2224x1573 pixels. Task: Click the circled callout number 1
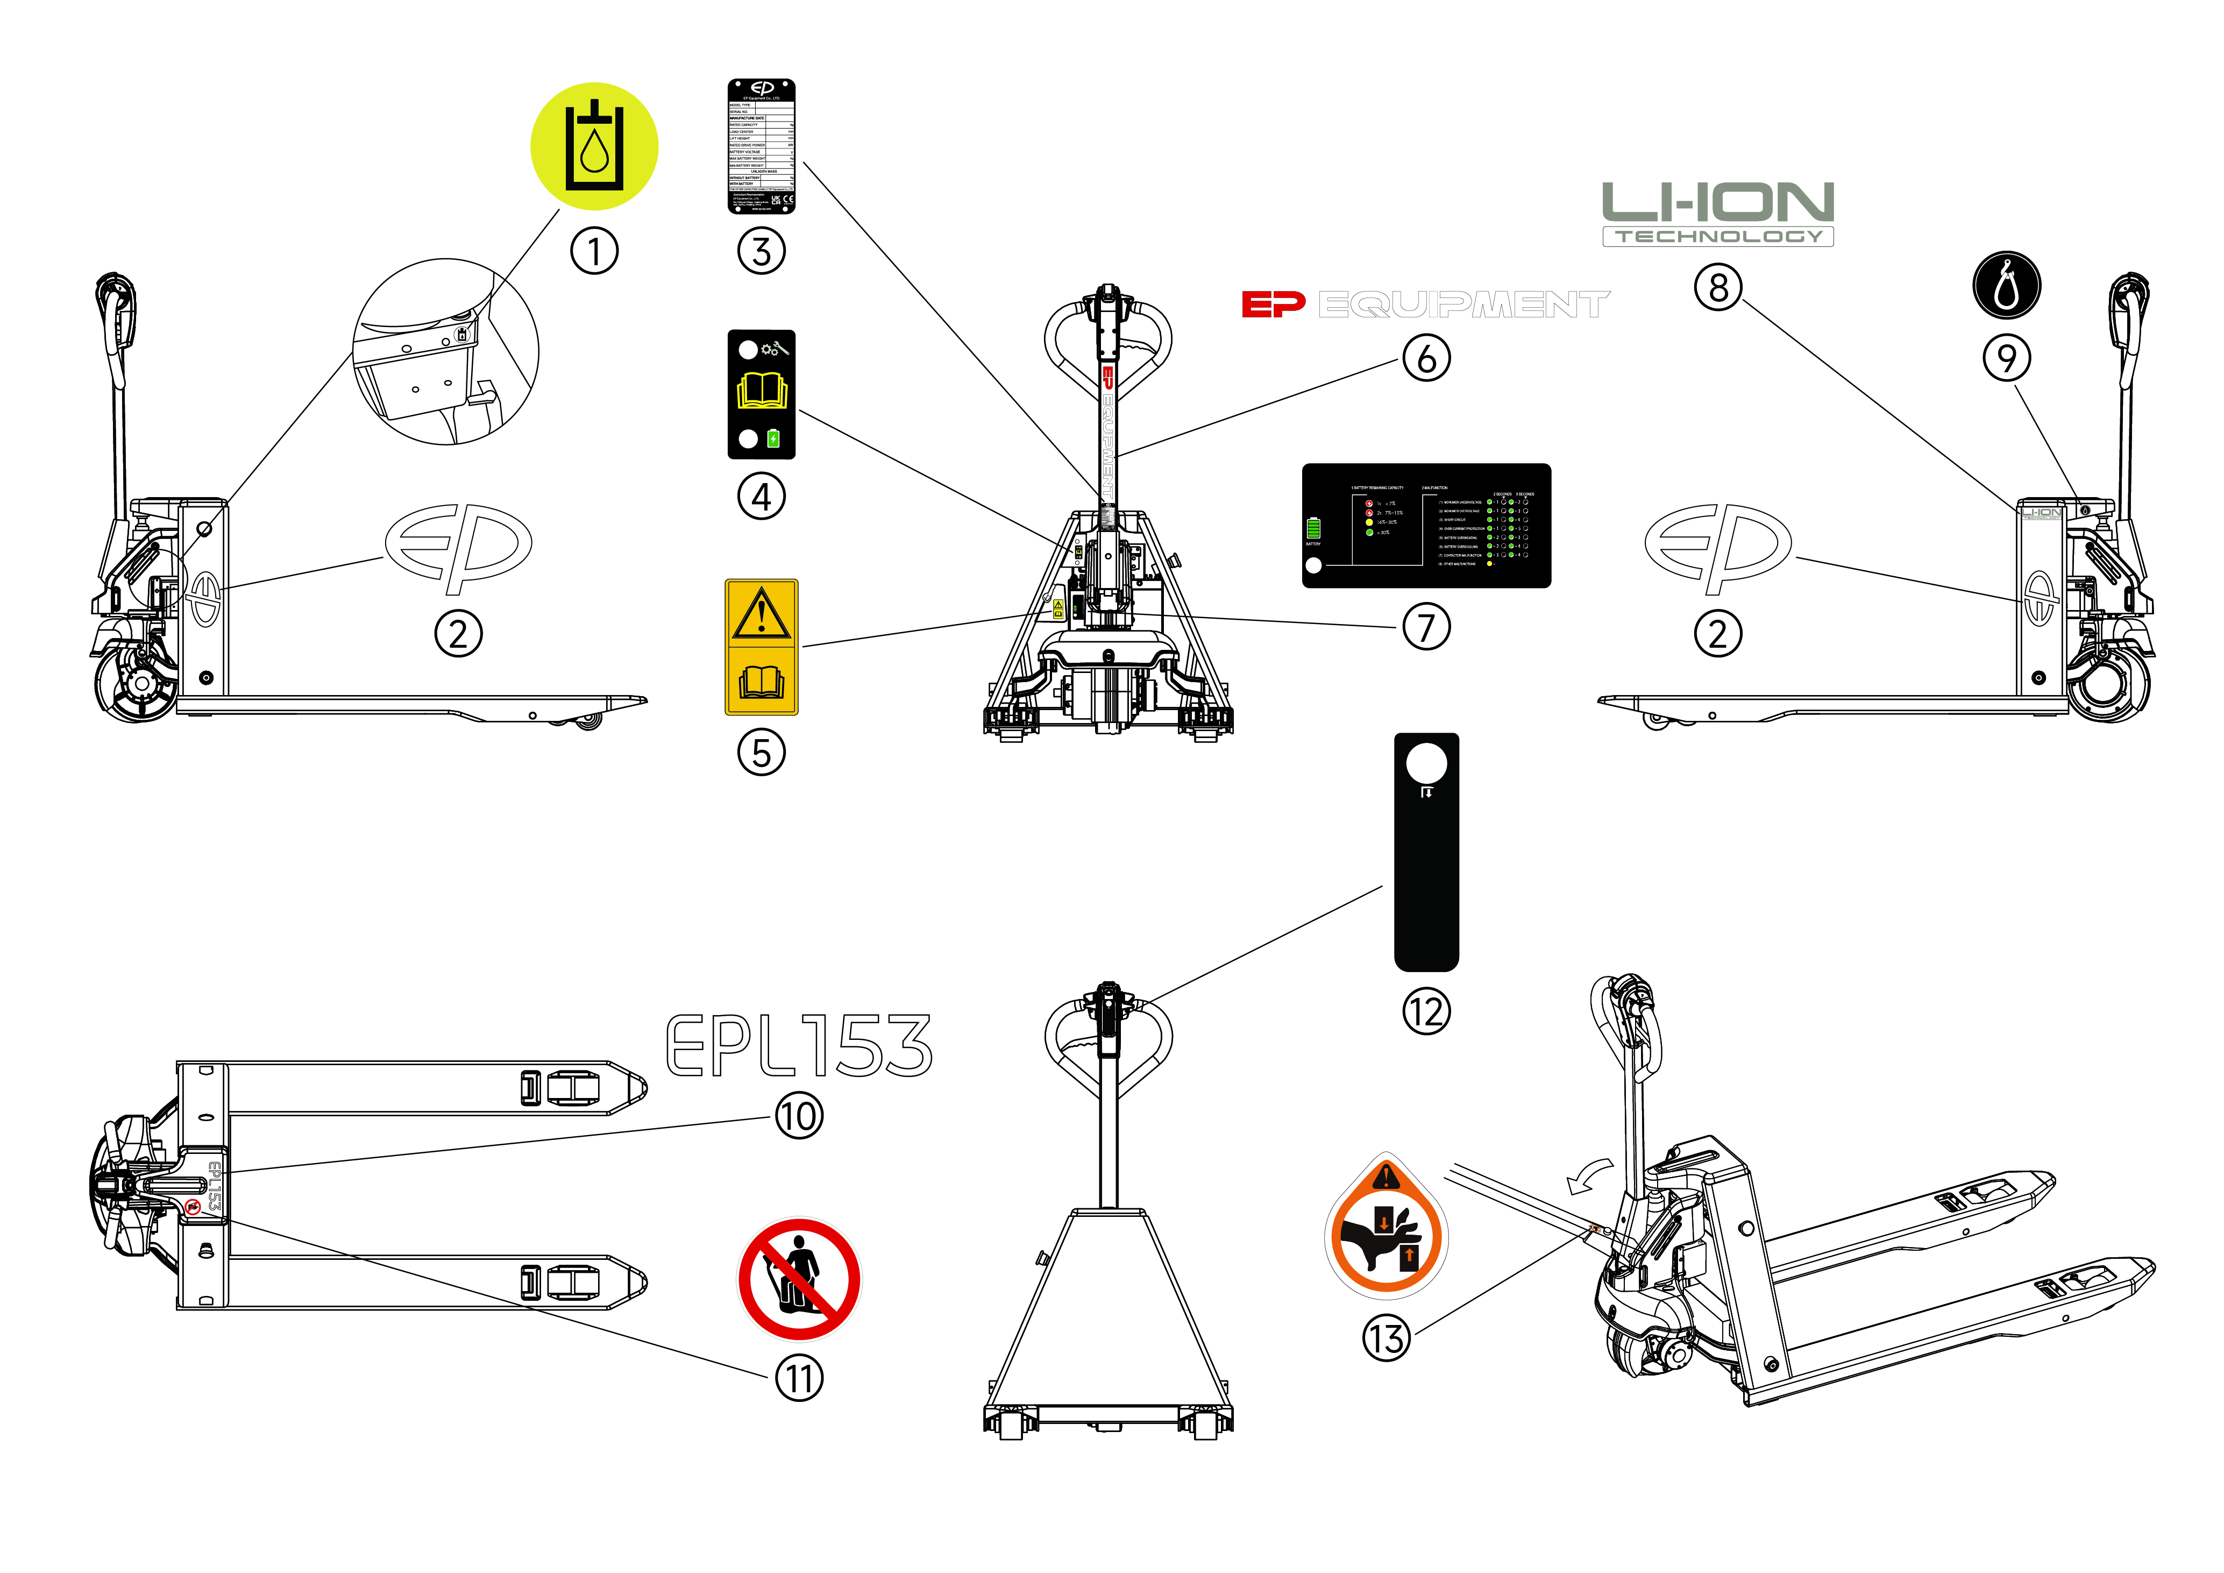tap(594, 252)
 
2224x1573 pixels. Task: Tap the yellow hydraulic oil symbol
tap(594, 146)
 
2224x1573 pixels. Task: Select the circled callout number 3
tap(762, 252)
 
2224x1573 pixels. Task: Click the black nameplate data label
tap(762, 146)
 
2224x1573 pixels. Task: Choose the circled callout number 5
tap(762, 753)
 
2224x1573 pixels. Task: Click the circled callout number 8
tap(1717, 288)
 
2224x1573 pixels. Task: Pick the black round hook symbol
tap(2006, 286)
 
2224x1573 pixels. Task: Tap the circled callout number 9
tap(2006, 358)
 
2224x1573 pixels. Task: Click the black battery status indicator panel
tap(1426, 525)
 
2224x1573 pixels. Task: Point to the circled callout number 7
tap(1426, 628)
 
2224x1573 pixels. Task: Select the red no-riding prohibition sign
tap(799, 1279)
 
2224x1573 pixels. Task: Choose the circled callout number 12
tap(1426, 1012)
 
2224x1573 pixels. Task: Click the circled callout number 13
tap(1386, 1340)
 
